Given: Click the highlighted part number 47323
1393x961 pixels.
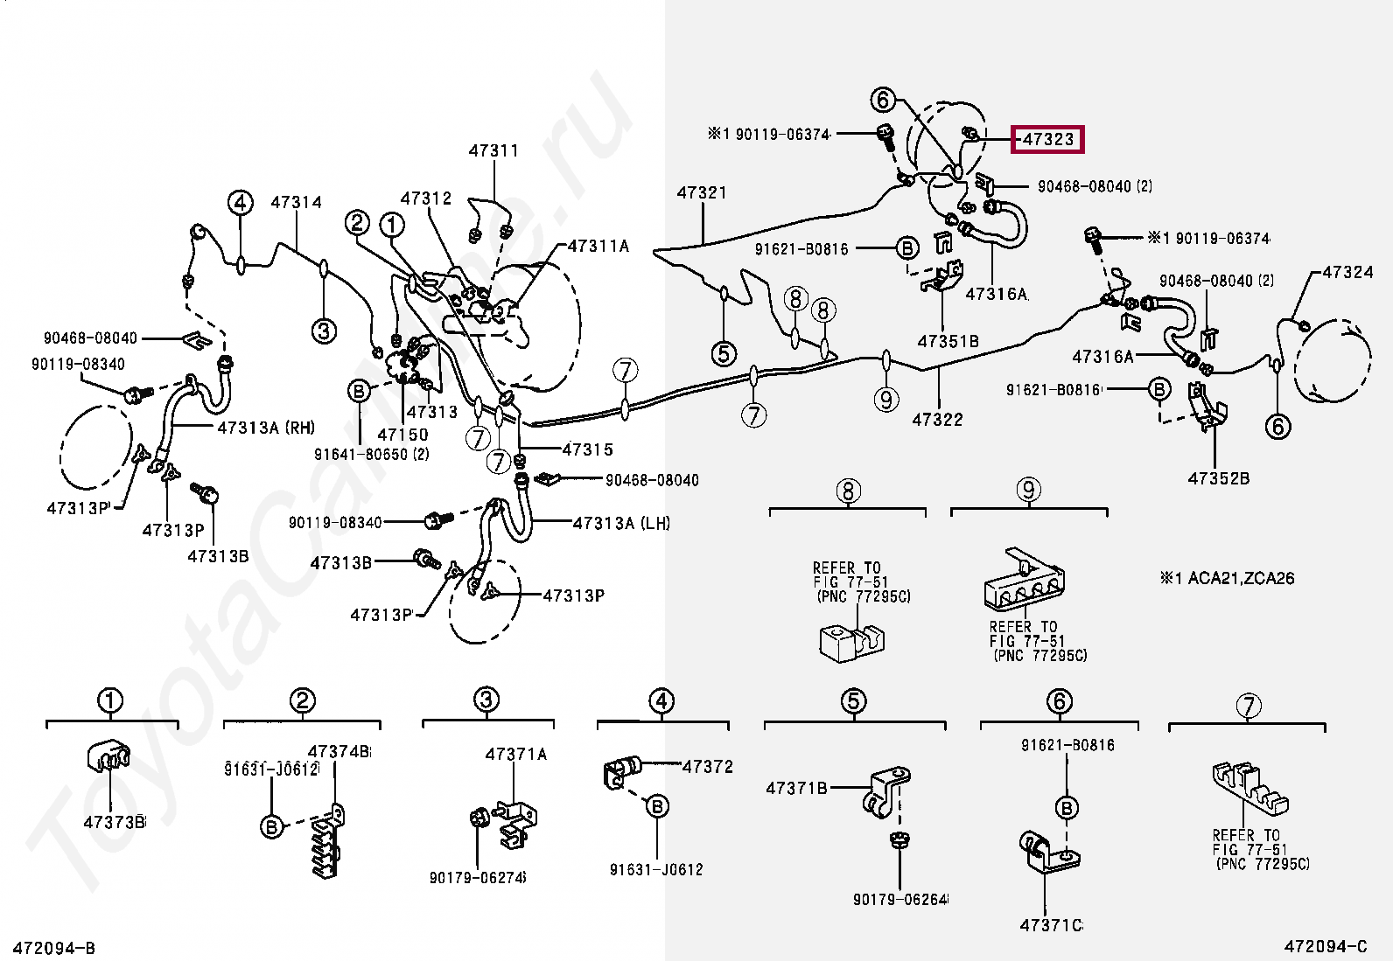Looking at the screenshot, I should (1047, 140).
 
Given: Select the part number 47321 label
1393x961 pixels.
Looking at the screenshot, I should (702, 192).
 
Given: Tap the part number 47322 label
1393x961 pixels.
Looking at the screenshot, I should (937, 420).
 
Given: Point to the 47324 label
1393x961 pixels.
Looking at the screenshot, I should (1347, 272).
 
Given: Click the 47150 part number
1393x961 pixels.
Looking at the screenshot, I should (402, 435).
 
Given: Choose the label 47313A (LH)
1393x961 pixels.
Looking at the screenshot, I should (621, 523).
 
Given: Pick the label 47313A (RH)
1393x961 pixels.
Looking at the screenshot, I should (266, 428).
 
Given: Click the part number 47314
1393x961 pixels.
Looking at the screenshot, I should (296, 202).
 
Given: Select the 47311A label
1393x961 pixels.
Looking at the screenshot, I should (598, 246).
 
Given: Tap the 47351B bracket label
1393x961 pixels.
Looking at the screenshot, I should (948, 341).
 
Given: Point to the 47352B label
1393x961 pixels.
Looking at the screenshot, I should (1218, 478).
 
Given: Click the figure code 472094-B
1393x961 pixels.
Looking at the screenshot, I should (48, 947).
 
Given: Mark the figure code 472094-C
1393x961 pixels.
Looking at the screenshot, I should (1325, 946).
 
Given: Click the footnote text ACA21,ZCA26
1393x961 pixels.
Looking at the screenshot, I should (1240, 578).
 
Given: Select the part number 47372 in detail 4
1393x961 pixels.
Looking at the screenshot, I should (707, 767).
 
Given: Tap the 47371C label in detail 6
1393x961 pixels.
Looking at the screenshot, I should (1051, 925).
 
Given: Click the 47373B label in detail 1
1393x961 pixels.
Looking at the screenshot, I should (114, 822).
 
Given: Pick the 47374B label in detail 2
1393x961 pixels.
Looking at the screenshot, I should (339, 751).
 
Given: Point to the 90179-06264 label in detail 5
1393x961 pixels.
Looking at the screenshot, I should (900, 899).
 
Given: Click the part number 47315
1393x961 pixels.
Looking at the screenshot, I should (587, 449).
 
